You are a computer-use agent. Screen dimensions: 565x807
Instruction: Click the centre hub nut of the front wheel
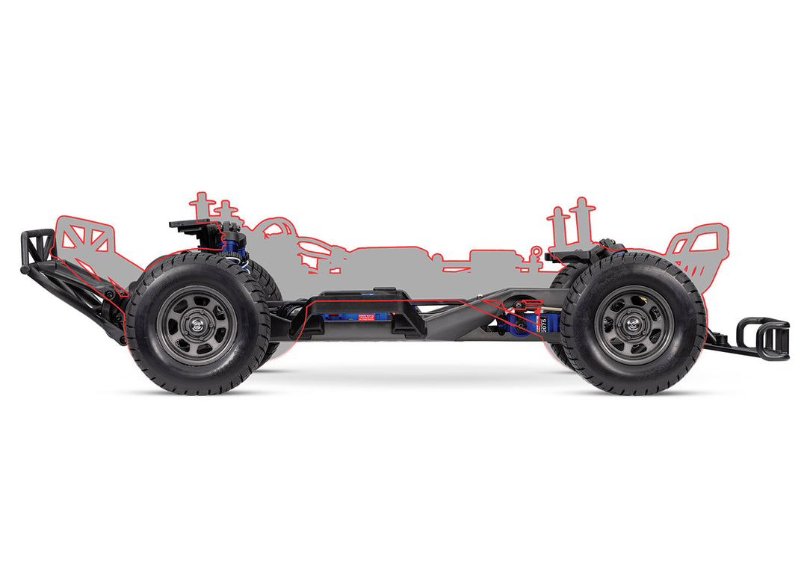(637, 324)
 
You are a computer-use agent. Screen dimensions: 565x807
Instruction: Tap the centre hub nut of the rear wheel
(197, 324)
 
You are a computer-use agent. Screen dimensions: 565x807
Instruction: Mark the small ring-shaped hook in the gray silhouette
(535, 251)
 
